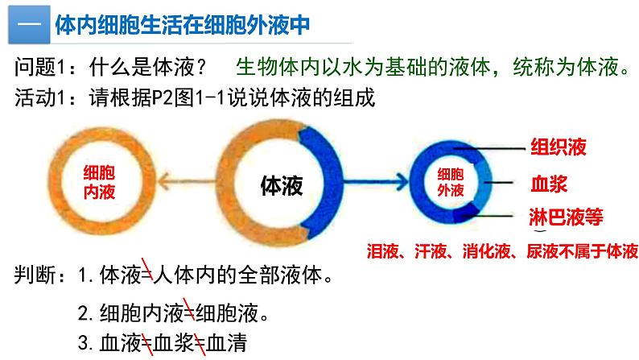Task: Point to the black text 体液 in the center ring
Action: click(x=282, y=184)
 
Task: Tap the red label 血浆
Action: click(x=549, y=184)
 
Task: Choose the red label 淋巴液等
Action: click(x=566, y=217)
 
